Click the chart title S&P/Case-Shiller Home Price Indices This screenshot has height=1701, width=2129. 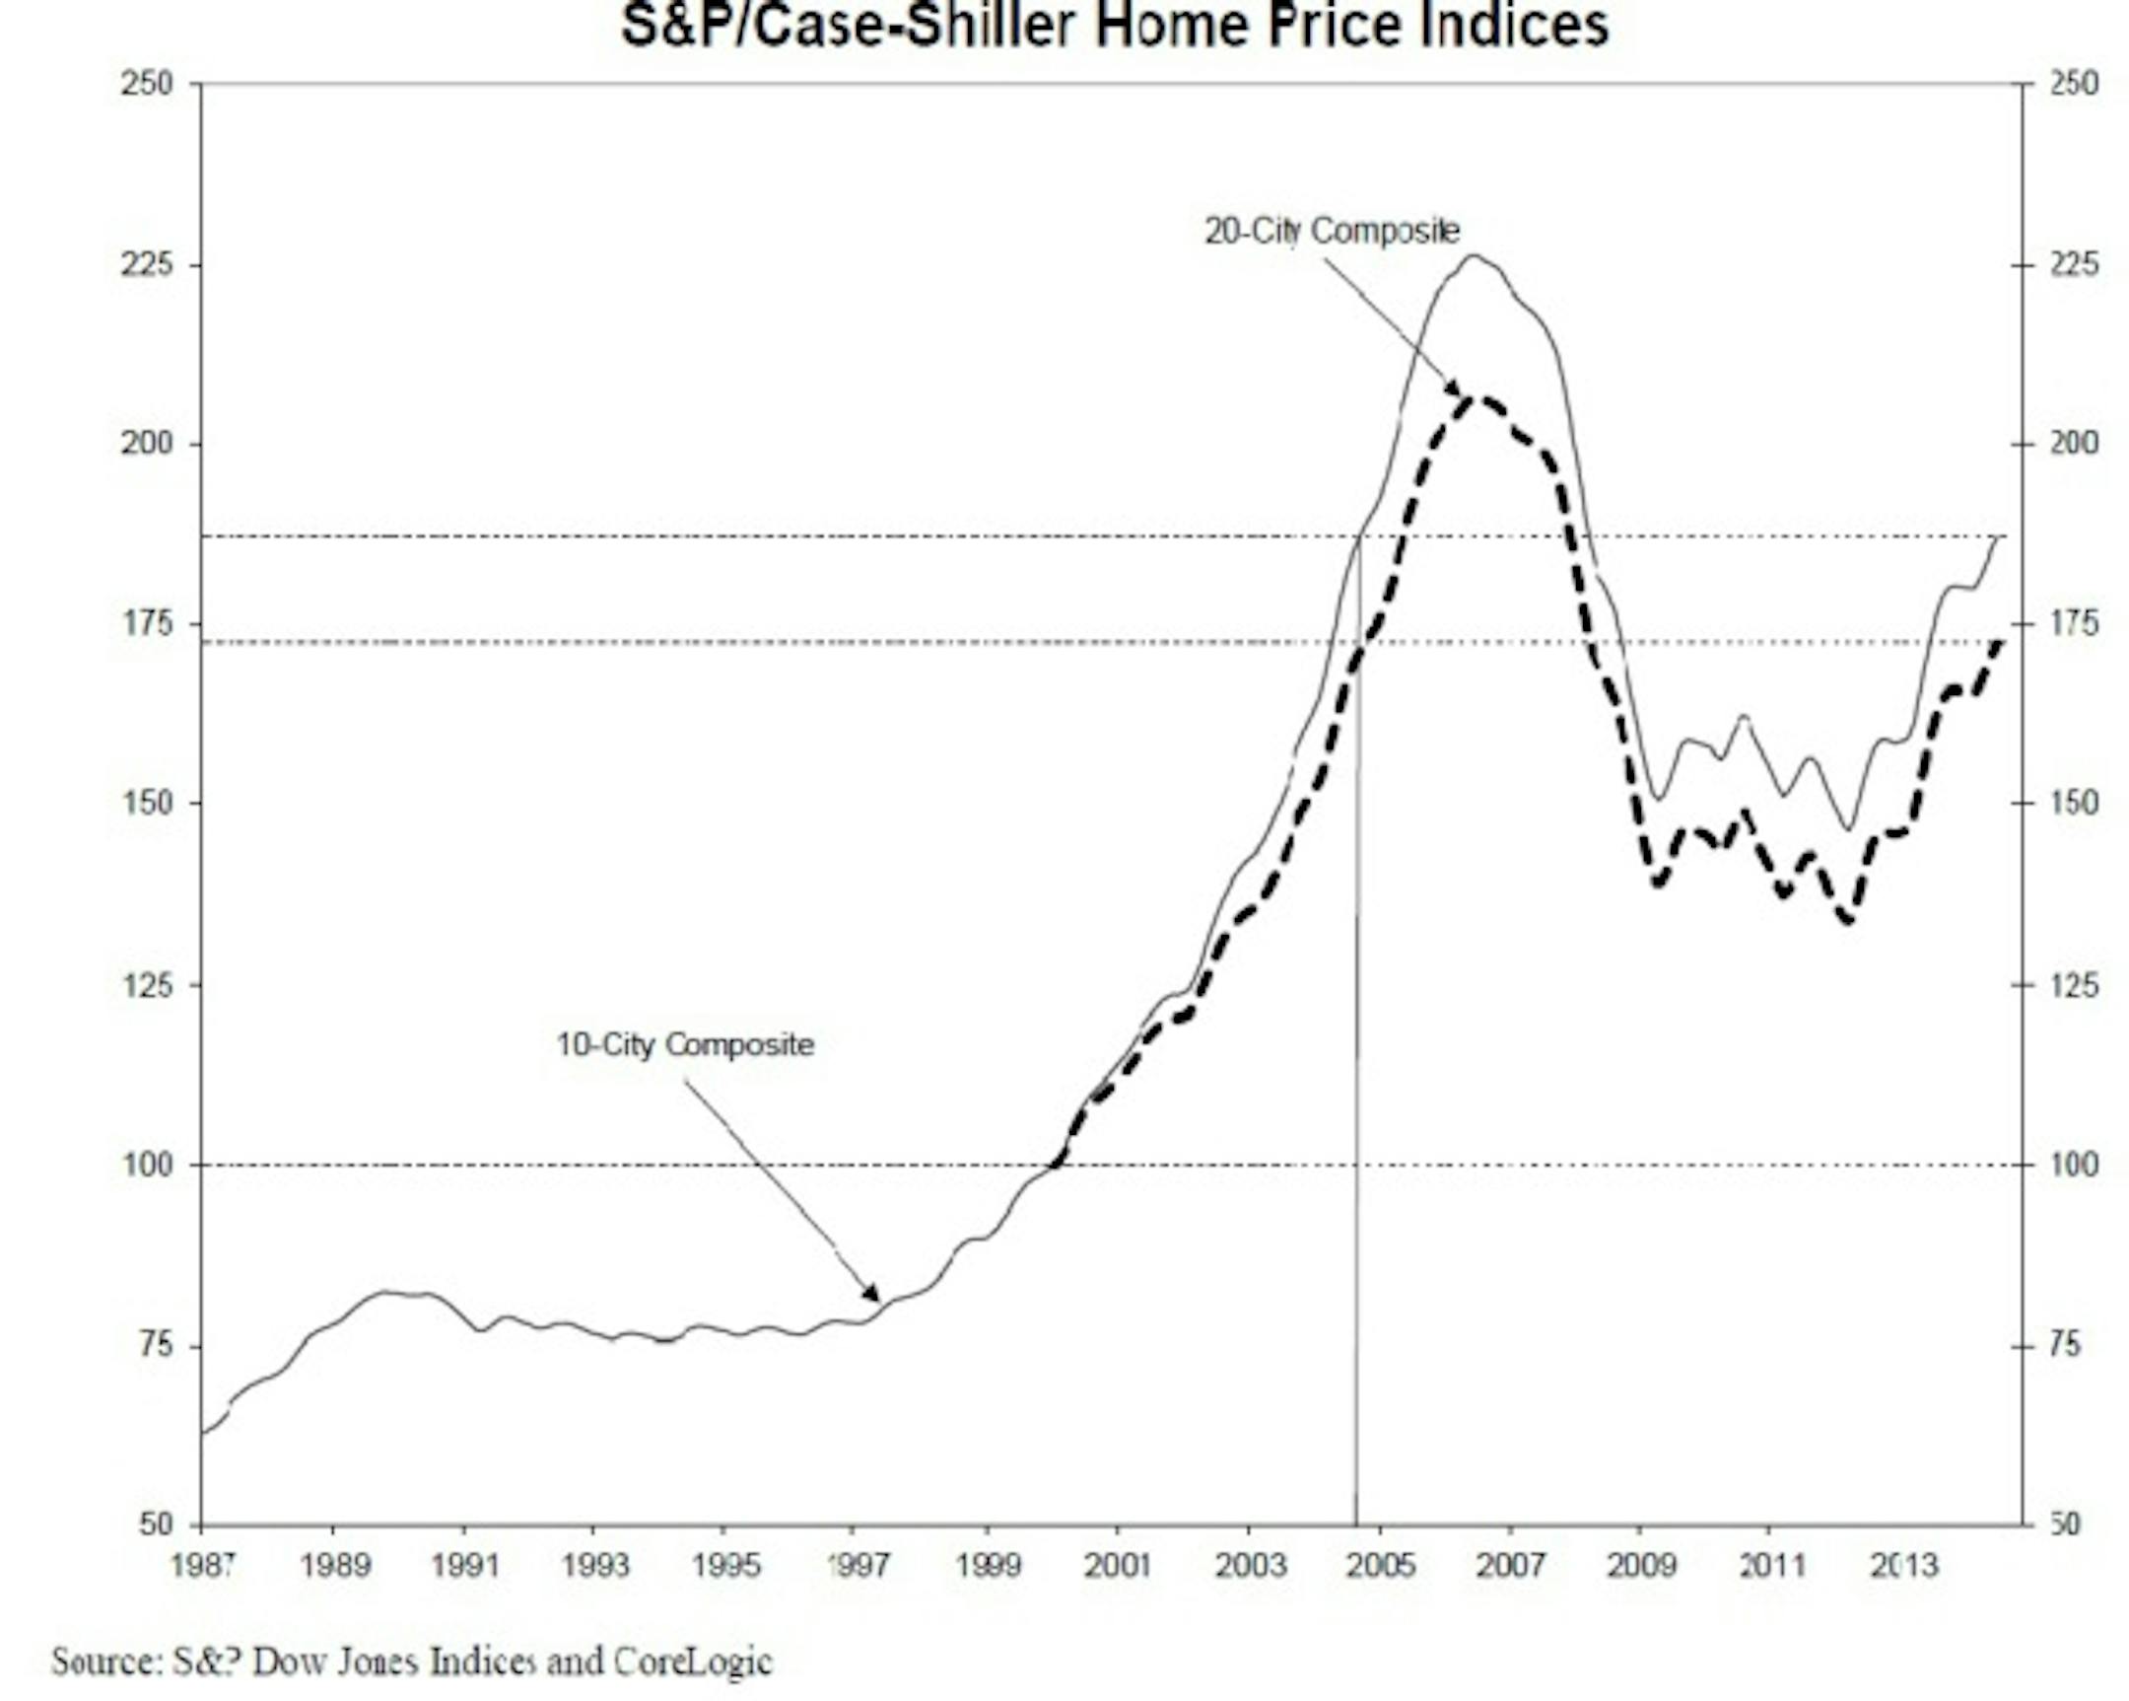pos(1115,26)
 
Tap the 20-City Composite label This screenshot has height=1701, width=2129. pos(1332,231)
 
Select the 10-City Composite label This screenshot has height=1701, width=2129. pos(684,1044)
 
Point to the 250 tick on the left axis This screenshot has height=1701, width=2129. pos(147,84)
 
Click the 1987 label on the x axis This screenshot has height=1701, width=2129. pos(201,1565)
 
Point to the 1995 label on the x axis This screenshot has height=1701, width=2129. pos(724,1565)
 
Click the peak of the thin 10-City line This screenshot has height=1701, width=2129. pos(1474,255)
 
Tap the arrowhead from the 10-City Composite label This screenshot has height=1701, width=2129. pos(871,1293)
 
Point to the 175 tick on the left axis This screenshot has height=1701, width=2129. pos(147,624)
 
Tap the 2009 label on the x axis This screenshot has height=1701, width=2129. pos(1640,1565)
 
